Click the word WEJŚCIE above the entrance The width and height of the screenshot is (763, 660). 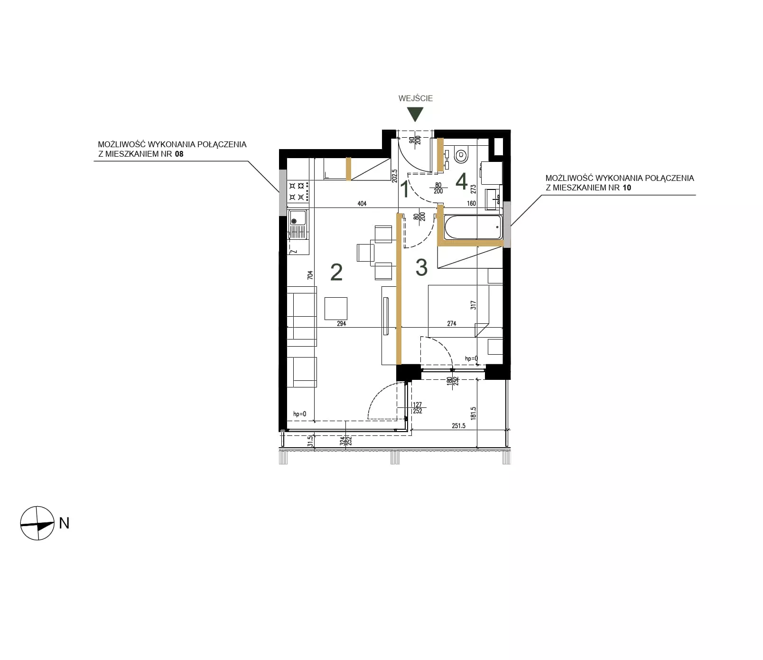(416, 98)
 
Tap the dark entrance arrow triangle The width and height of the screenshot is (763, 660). (415, 114)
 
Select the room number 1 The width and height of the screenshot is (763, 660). (405, 189)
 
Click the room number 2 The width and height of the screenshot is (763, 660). (336, 272)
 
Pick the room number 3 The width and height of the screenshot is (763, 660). (421, 268)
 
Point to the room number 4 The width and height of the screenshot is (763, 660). (461, 181)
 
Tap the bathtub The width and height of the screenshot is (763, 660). (473, 227)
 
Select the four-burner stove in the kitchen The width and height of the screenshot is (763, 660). (299, 190)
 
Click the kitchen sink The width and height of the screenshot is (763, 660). (298, 225)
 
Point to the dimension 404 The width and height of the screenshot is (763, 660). (362, 204)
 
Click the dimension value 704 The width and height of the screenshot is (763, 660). (310, 275)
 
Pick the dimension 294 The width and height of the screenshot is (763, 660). (342, 324)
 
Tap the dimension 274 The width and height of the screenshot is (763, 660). (452, 324)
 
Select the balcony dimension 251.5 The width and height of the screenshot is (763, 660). (458, 426)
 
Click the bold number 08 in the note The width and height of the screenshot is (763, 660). (179, 154)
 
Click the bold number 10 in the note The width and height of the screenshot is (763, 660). (627, 188)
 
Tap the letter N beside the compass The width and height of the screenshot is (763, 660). (64, 523)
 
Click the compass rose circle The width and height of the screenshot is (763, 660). (37, 523)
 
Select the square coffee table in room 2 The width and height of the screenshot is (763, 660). (336, 308)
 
